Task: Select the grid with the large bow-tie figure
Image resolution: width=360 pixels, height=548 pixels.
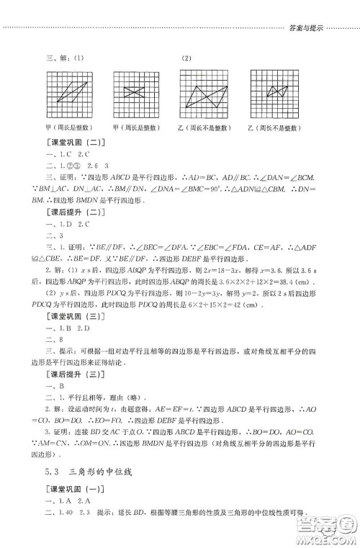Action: pyautogui.click(x=204, y=91)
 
